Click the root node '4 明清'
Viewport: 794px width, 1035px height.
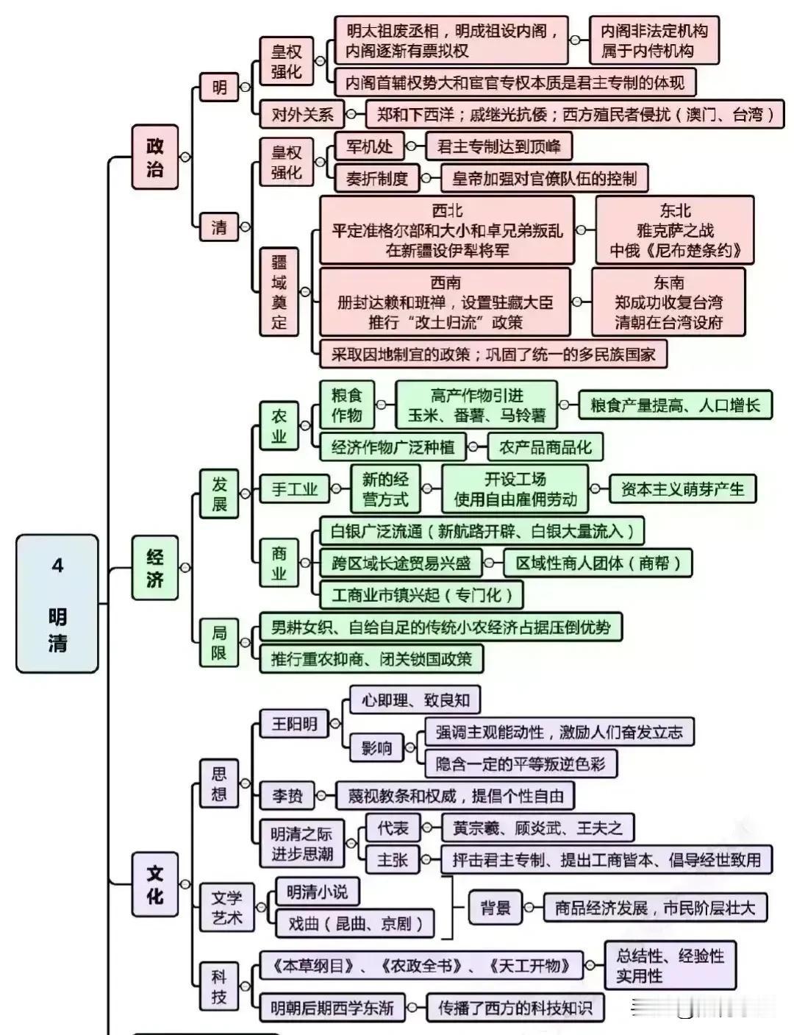[57, 603]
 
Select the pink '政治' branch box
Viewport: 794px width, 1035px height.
[154, 157]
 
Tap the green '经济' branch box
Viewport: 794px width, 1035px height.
[154, 567]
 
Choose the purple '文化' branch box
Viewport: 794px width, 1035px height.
[154, 884]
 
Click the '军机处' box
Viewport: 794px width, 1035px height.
[369, 146]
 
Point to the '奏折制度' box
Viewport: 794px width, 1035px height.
[377, 178]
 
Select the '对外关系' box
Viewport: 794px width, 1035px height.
[302, 114]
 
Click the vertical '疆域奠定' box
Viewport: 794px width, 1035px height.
[279, 292]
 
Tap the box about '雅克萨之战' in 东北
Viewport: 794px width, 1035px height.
[675, 230]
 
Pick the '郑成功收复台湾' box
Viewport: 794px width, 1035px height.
[668, 302]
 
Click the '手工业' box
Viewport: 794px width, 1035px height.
[295, 488]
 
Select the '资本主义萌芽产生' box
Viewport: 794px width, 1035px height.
[682, 488]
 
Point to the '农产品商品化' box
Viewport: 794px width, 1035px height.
[546, 447]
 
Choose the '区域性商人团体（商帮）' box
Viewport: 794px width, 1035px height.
[598, 563]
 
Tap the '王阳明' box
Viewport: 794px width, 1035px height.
[295, 724]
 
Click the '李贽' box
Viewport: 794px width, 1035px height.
[287, 795]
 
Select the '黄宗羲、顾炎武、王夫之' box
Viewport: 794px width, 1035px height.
[538, 828]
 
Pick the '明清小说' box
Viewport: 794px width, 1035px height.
[318, 892]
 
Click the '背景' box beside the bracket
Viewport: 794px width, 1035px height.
[495, 907]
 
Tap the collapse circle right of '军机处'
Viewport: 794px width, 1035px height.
[411, 146]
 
